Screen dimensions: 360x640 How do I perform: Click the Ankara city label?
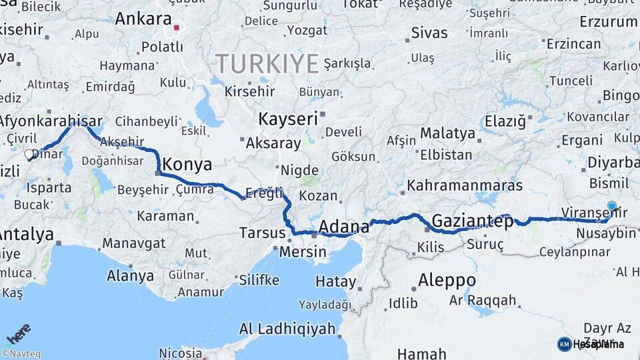coord(143,19)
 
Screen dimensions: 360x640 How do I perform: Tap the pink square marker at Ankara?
coord(177,28)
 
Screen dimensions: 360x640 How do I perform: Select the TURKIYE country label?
coord(267,65)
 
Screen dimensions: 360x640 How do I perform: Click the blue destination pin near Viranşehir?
coord(612,206)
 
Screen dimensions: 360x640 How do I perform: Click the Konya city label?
coord(187,165)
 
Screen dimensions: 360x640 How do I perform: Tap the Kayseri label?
coord(287,119)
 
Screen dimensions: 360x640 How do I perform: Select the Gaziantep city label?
coord(472,221)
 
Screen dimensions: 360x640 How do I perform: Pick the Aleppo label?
coord(447,280)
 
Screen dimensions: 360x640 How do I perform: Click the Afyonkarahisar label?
coord(51,121)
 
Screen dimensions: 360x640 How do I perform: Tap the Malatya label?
coord(447,133)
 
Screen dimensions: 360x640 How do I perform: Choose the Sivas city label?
coord(429,33)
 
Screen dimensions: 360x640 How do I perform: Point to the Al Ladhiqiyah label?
coord(287,329)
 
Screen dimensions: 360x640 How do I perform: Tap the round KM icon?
coord(564,344)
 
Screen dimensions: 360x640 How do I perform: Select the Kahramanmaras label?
coord(465,185)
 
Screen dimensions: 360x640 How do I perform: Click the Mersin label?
coord(303,252)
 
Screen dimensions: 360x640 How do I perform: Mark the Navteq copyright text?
coord(21,354)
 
